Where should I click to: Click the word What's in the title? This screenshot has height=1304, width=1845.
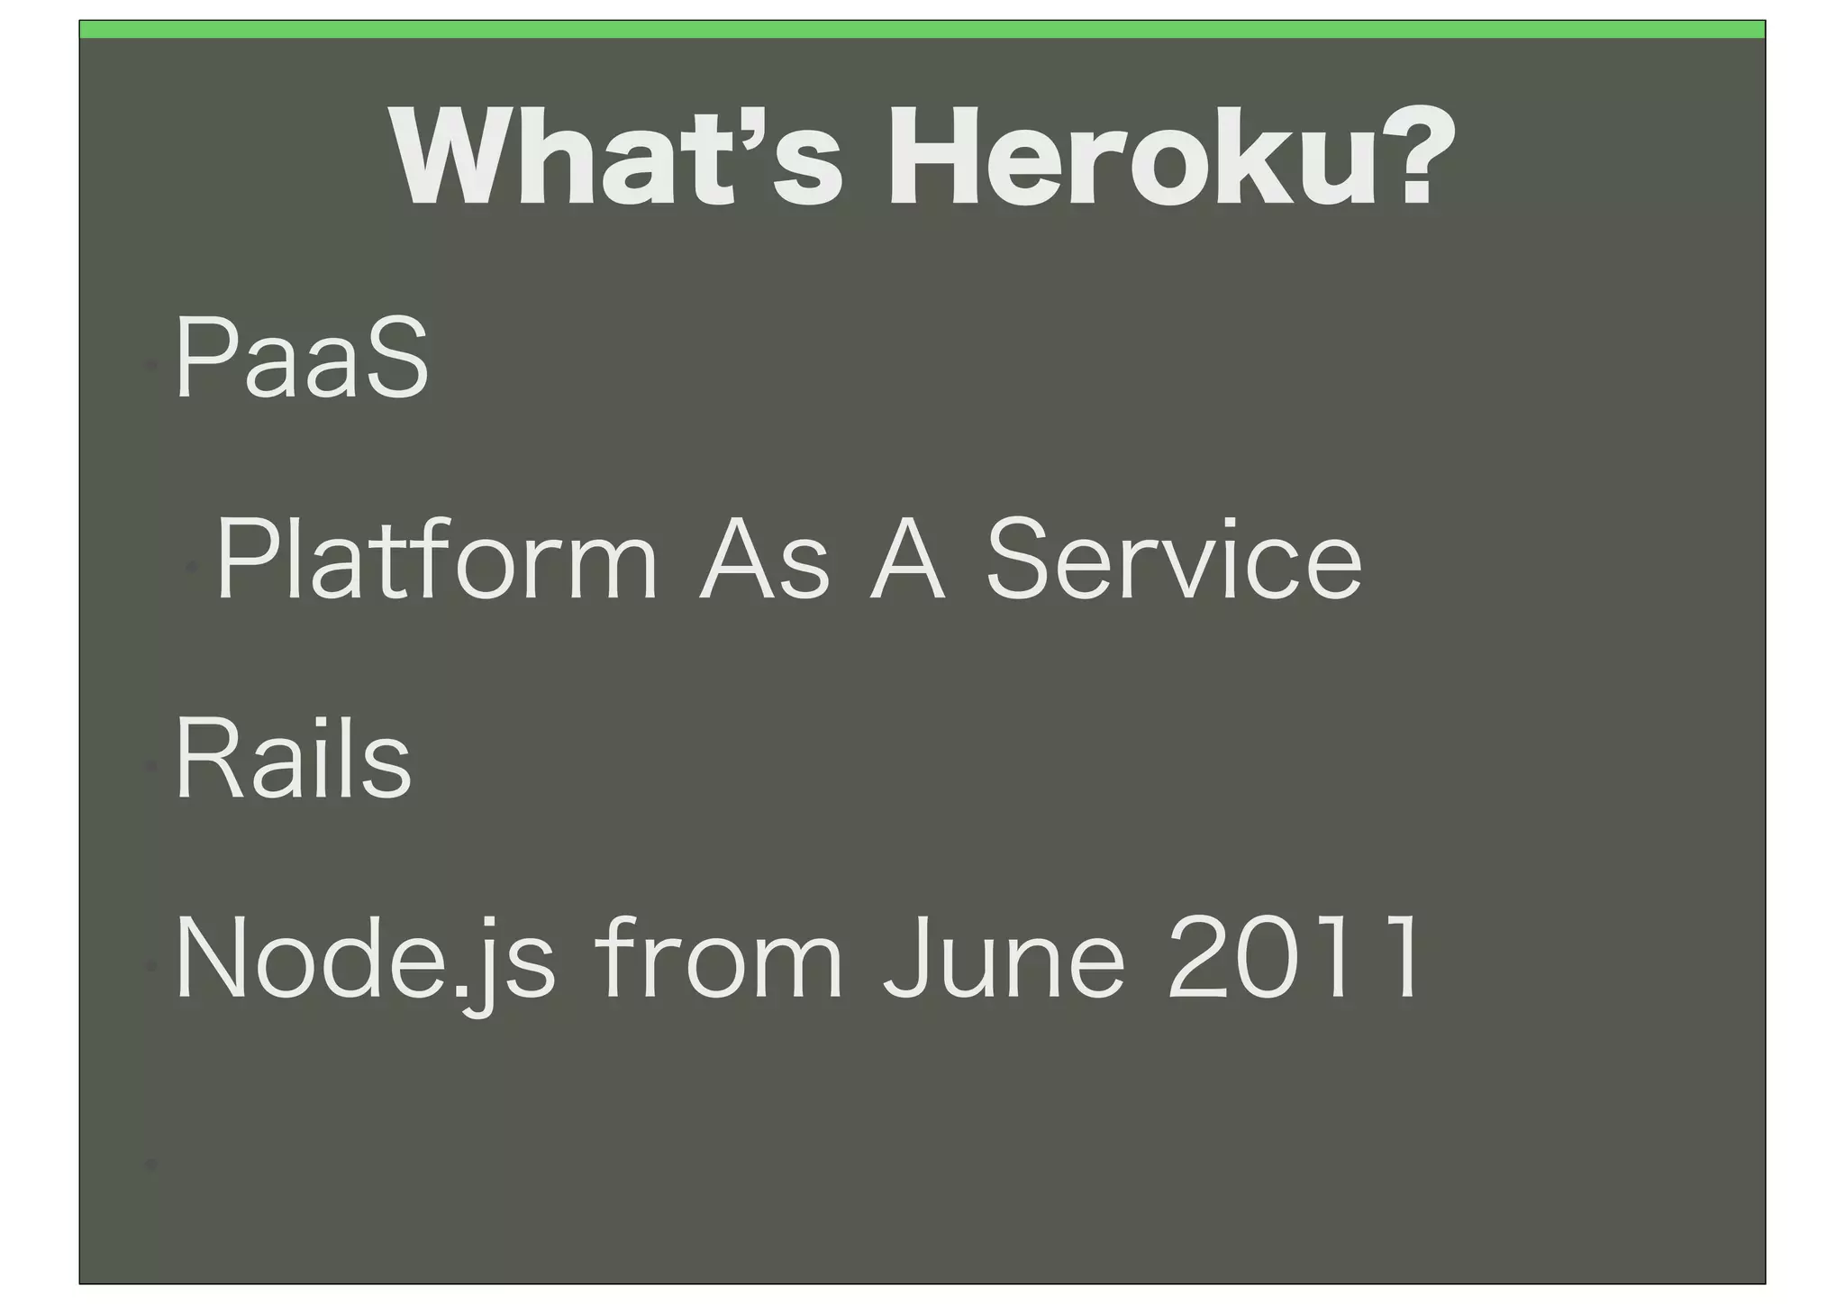(617, 157)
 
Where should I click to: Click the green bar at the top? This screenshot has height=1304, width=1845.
(922, 30)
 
